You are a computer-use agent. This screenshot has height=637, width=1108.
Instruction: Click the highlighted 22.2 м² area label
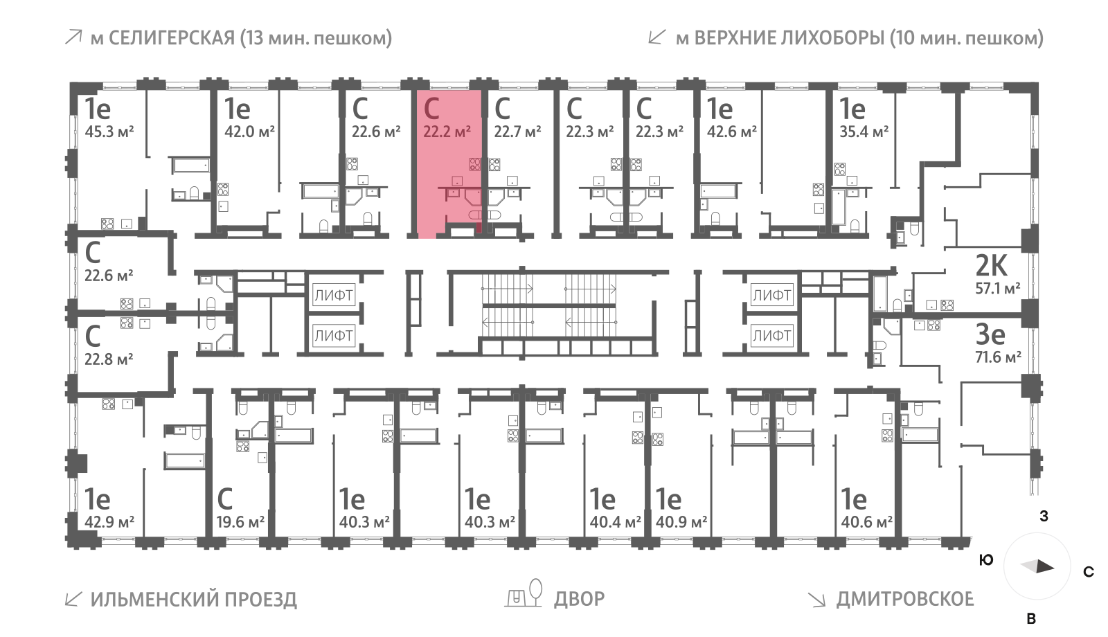pos(447,132)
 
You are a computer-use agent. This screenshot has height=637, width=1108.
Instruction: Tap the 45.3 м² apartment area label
pos(109,132)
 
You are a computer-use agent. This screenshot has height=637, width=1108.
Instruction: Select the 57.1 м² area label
pos(997,288)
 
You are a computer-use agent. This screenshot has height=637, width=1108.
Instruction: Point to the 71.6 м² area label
pos(997,357)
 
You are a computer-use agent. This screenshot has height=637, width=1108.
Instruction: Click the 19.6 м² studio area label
pos(240,522)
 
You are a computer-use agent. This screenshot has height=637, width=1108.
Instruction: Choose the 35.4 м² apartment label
pos(864,132)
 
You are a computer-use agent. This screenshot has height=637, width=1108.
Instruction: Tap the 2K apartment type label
pos(991,265)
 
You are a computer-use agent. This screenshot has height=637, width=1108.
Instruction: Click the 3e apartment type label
pos(990,334)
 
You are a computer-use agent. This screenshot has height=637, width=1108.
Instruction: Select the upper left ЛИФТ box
pos(334,296)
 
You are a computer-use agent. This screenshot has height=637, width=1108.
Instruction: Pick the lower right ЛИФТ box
pos(771,336)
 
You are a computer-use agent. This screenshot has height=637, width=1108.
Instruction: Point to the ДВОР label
pos(579,599)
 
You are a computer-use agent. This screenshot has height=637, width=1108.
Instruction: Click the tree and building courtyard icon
pos(524,594)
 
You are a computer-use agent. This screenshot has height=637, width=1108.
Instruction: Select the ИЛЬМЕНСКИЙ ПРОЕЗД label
pos(193,600)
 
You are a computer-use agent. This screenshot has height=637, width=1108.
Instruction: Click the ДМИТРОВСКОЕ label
pos(904,599)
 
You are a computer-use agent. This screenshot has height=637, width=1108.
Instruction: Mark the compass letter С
pos(1089,572)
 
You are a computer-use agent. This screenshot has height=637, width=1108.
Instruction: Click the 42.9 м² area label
pos(109,522)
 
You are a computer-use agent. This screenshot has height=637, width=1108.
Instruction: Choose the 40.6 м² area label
pos(866,522)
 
